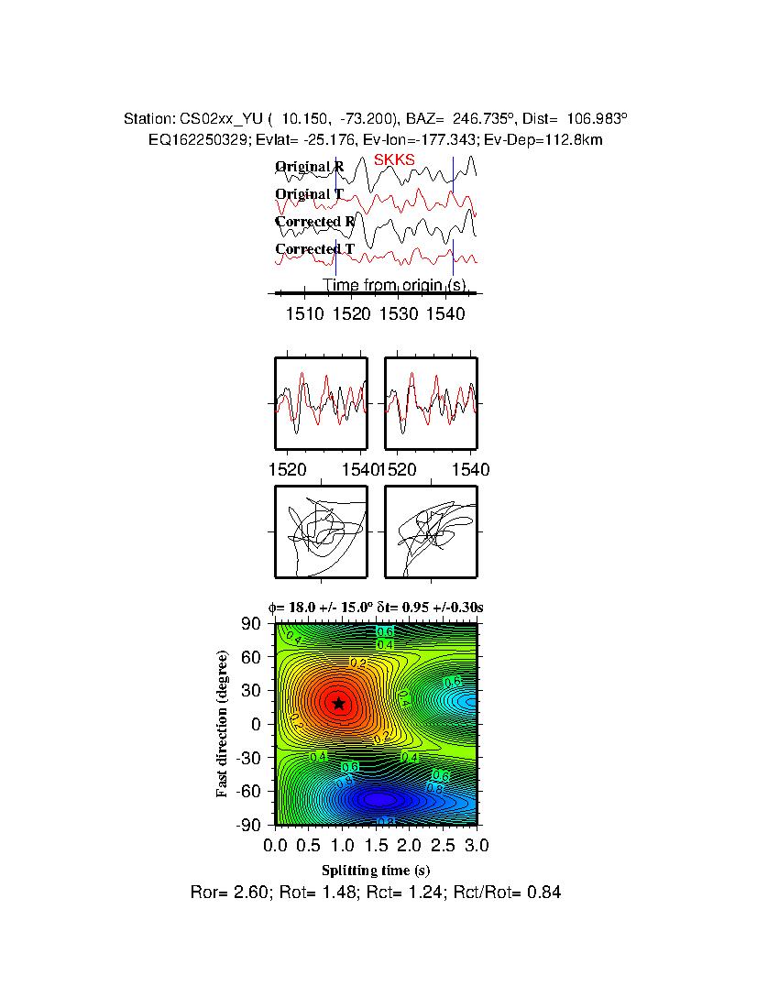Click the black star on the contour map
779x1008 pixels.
pyautogui.click(x=339, y=703)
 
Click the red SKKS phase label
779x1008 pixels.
pyautogui.click(x=394, y=159)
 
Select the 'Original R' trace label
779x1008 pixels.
pyautogui.click(x=310, y=167)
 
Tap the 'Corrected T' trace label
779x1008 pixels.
pyautogui.click(x=314, y=249)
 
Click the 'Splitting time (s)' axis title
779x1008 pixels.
pyautogui.click(x=376, y=870)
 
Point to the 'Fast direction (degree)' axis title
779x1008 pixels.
pyautogui.click(x=223, y=724)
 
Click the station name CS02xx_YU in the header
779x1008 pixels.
pyautogui.click(x=223, y=119)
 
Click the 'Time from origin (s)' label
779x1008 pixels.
pyautogui.click(x=396, y=285)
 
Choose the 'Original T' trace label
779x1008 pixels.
pyautogui.click(x=310, y=194)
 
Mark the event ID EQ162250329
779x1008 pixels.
pyautogui.click(x=197, y=139)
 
